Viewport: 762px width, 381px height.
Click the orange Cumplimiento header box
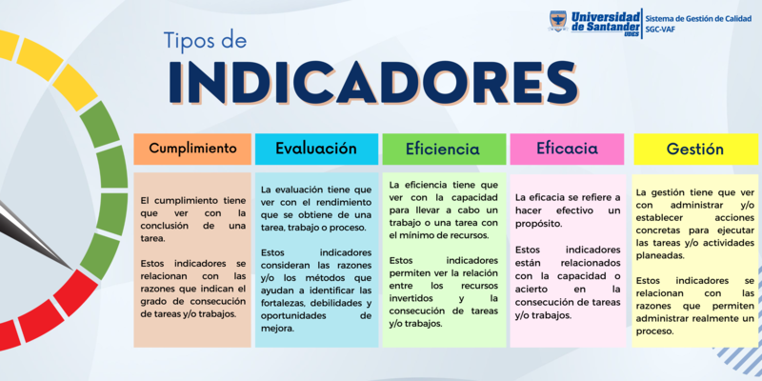click(192, 149)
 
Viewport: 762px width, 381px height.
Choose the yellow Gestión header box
click(694, 149)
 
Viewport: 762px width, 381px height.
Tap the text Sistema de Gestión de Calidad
click(699, 17)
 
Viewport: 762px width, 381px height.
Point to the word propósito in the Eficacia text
click(540, 224)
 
